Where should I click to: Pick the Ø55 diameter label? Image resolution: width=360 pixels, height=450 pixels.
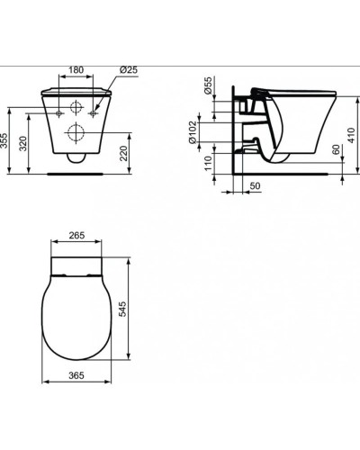209,87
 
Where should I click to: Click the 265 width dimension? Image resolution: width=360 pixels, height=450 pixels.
76,236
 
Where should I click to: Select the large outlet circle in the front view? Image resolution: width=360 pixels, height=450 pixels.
77,135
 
